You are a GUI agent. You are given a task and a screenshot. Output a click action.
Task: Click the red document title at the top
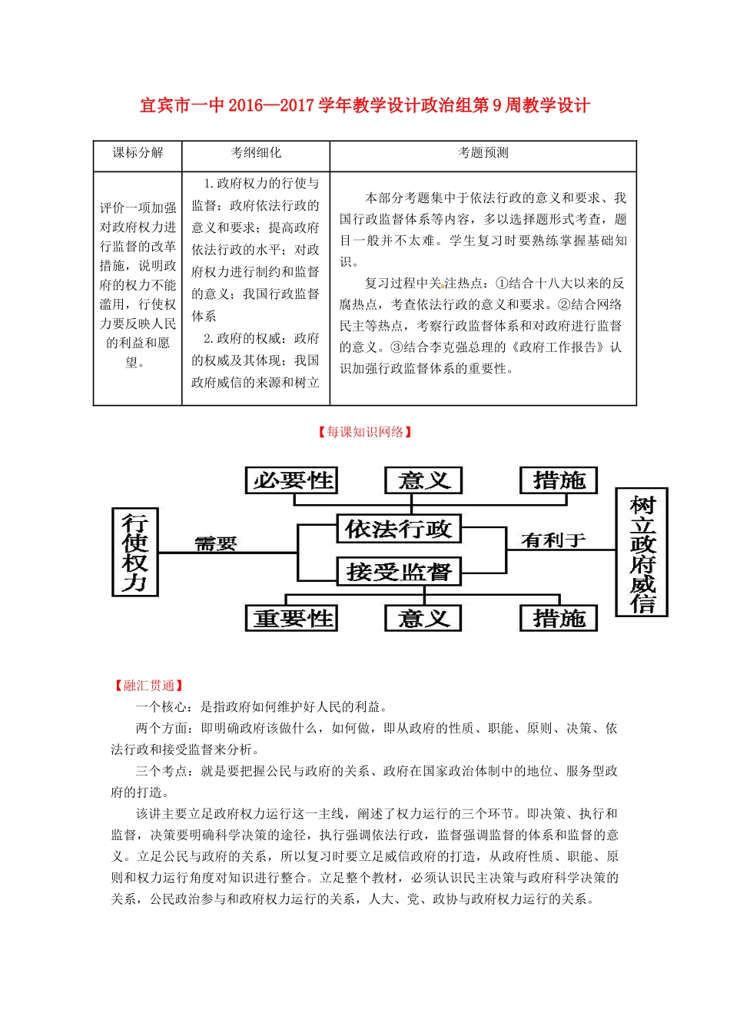(x=364, y=105)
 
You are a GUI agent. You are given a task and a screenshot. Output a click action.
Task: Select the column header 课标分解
(x=138, y=153)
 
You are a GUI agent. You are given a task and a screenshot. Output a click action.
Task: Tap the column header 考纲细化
(x=256, y=153)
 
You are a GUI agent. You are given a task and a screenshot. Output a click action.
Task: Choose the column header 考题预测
(x=483, y=153)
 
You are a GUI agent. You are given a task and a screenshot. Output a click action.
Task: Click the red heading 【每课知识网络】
(x=365, y=432)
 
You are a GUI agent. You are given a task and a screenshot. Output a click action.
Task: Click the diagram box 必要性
(x=293, y=480)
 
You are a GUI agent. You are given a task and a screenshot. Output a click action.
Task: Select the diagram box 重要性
(x=293, y=618)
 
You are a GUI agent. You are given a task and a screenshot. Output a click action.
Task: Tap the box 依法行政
(x=398, y=529)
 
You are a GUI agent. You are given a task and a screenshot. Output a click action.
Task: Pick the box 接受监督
(x=398, y=572)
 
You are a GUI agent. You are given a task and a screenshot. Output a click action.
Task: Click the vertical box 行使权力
(x=134, y=552)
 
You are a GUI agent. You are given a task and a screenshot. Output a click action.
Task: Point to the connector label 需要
(x=216, y=543)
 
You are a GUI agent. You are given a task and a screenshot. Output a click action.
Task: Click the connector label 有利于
(x=553, y=540)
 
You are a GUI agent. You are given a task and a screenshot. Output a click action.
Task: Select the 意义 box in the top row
(x=423, y=480)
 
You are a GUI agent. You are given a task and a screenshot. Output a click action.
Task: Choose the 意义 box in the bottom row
(x=423, y=618)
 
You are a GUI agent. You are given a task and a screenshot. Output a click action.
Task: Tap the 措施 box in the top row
(x=559, y=480)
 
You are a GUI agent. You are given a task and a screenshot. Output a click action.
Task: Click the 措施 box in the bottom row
(x=559, y=618)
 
